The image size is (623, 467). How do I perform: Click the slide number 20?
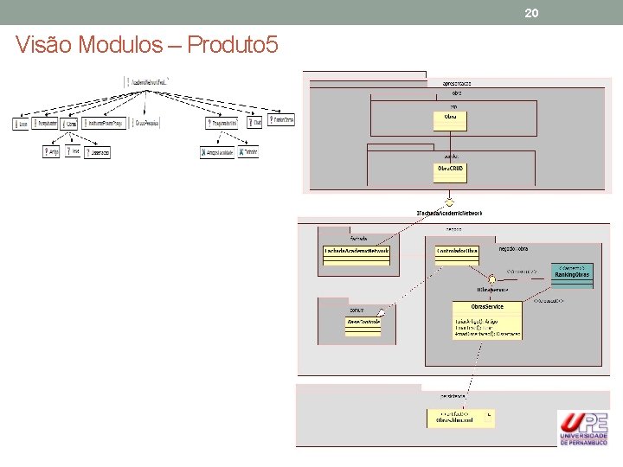(532, 13)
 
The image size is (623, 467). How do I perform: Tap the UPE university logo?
(582, 427)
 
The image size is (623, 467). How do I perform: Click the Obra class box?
(450, 119)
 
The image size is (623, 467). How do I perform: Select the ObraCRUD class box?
(450, 172)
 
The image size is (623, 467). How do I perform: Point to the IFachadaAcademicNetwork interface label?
(449, 213)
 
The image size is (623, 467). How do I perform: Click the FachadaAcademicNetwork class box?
(356, 251)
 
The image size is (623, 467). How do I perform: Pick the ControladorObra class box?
(457, 251)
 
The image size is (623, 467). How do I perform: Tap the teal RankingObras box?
(572, 274)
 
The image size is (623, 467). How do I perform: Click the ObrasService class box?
(486, 319)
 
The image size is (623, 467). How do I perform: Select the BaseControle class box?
(363, 322)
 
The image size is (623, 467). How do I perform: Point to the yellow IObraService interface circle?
(491, 279)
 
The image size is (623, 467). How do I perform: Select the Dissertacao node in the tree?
(99, 152)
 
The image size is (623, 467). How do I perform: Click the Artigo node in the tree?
(52, 152)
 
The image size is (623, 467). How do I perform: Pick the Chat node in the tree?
(255, 124)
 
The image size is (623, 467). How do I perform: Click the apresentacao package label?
(456, 83)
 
